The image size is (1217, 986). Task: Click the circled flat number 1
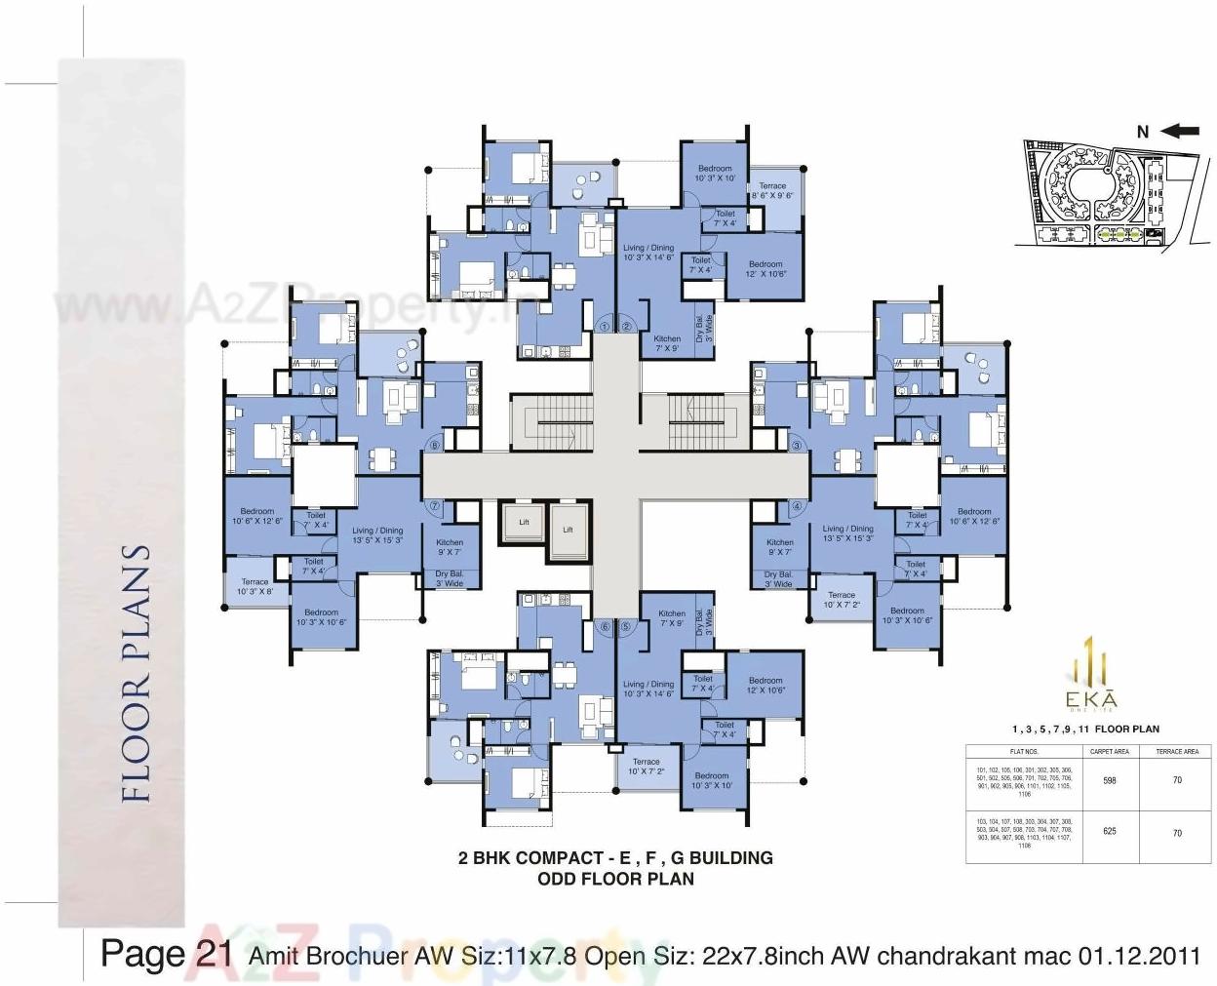605,327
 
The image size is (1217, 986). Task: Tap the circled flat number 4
797,506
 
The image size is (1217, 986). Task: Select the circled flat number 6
605,627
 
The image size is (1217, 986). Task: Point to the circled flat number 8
435,446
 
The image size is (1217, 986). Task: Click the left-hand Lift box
524,523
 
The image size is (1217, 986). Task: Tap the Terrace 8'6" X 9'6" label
772,191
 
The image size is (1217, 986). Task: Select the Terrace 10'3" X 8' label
255,586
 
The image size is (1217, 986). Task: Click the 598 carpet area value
1109,780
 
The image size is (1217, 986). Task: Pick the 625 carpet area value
1109,831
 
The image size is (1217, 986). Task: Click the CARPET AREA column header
1109,752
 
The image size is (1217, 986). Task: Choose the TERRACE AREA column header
1177,752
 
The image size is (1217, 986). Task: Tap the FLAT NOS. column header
1023,752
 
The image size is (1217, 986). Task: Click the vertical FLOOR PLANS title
137,673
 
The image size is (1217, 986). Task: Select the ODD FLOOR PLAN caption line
615,879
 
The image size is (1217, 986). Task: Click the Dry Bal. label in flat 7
449,578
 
